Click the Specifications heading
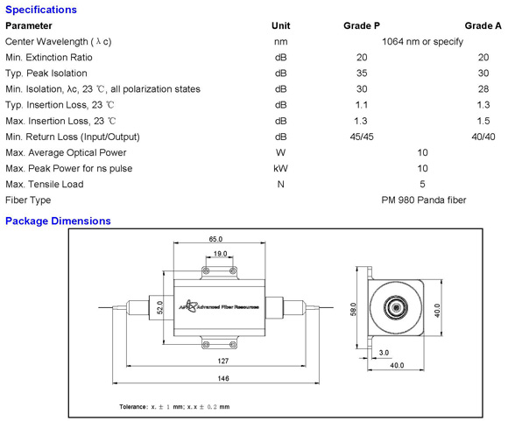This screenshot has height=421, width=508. pos(41,10)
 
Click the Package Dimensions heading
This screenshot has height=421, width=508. pos(58,221)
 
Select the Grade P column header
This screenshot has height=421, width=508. pos(362,25)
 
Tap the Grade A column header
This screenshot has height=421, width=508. pos(483,25)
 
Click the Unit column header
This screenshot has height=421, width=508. pos(280,25)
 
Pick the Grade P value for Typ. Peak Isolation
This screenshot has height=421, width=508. pos(362,74)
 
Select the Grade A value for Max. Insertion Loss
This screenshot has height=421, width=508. pos(483,121)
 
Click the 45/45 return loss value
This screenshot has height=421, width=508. pos(362,137)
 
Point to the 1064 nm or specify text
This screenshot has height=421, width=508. pos(422,42)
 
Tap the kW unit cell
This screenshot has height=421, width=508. pos(280,168)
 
